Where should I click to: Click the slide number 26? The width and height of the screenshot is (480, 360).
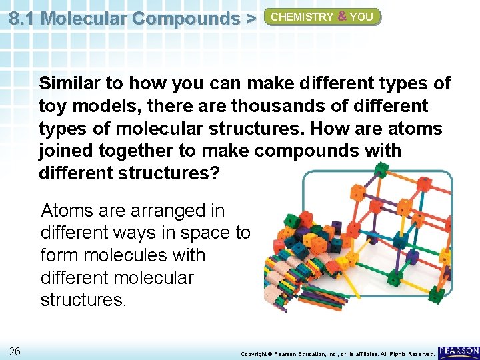click(15, 351)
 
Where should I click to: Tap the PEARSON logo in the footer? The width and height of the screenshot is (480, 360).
click(459, 351)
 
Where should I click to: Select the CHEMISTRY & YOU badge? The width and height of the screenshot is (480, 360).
click(323, 17)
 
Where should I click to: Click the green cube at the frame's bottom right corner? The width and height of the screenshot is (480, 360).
click(436, 294)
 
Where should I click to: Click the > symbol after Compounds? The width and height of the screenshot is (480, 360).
click(250, 18)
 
